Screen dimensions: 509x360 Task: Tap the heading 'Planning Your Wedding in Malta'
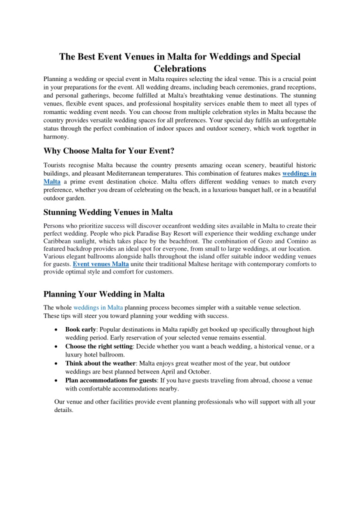point(104,294)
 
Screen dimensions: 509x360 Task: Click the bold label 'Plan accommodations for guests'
point(110,380)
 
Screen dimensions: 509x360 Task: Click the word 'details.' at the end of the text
point(63,410)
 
